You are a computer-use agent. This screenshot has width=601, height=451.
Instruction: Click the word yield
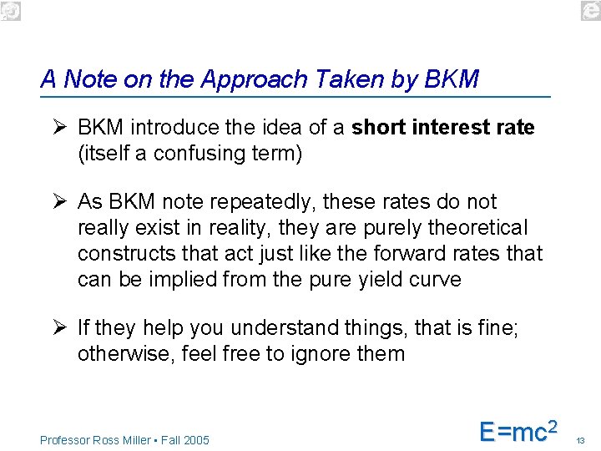click(x=374, y=278)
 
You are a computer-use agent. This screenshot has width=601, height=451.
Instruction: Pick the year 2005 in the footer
click(x=198, y=440)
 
